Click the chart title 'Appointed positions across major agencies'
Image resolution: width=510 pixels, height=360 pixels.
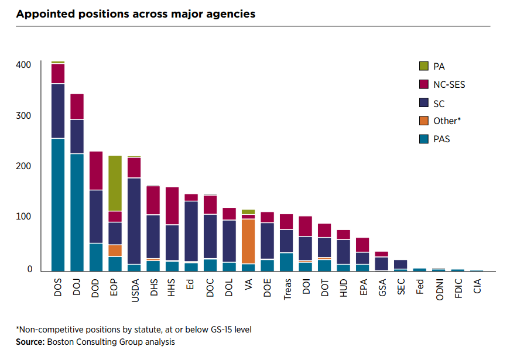(x=136, y=13)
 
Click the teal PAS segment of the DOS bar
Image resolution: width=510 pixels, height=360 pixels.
(x=57, y=205)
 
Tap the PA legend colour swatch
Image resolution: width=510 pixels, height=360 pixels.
(x=423, y=67)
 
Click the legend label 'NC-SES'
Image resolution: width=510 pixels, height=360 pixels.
(x=449, y=85)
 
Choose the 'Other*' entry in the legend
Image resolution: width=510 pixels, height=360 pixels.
(x=446, y=121)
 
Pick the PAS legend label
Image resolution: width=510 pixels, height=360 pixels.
(x=442, y=139)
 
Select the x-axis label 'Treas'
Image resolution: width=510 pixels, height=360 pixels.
(x=287, y=288)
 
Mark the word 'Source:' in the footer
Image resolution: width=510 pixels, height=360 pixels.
(x=29, y=342)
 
